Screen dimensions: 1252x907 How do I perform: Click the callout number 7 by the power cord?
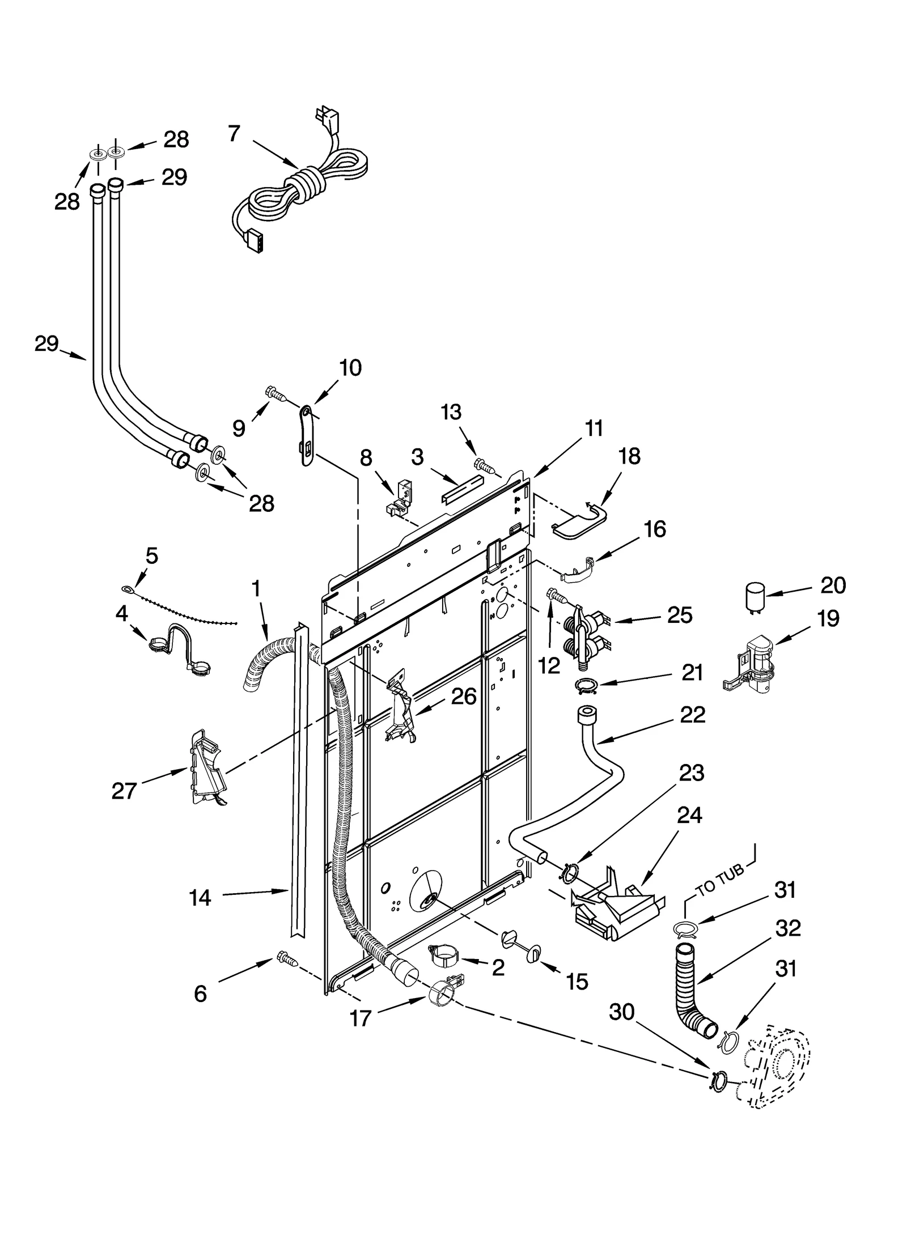pyautogui.click(x=234, y=134)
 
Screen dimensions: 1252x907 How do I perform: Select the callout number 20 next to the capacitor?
pyautogui.click(x=833, y=585)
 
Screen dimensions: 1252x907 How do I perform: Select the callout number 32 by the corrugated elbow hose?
pyautogui.click(x=788, y=928)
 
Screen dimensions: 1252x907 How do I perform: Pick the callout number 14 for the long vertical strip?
pyautogui.click(x=200, y=898)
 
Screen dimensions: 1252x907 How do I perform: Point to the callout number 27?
pyautogui.click(x=124, y=790)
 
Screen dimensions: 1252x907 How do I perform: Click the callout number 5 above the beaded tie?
pyautogui.click(x=151, y=555)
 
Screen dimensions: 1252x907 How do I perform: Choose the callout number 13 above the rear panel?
pyautogui.click(x=451, y=412)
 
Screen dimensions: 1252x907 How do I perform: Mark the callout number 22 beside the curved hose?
pyautogui.click(x=692, y=715)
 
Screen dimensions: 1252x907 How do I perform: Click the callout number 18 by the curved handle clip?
pyautogui.click(x=629, y=456)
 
